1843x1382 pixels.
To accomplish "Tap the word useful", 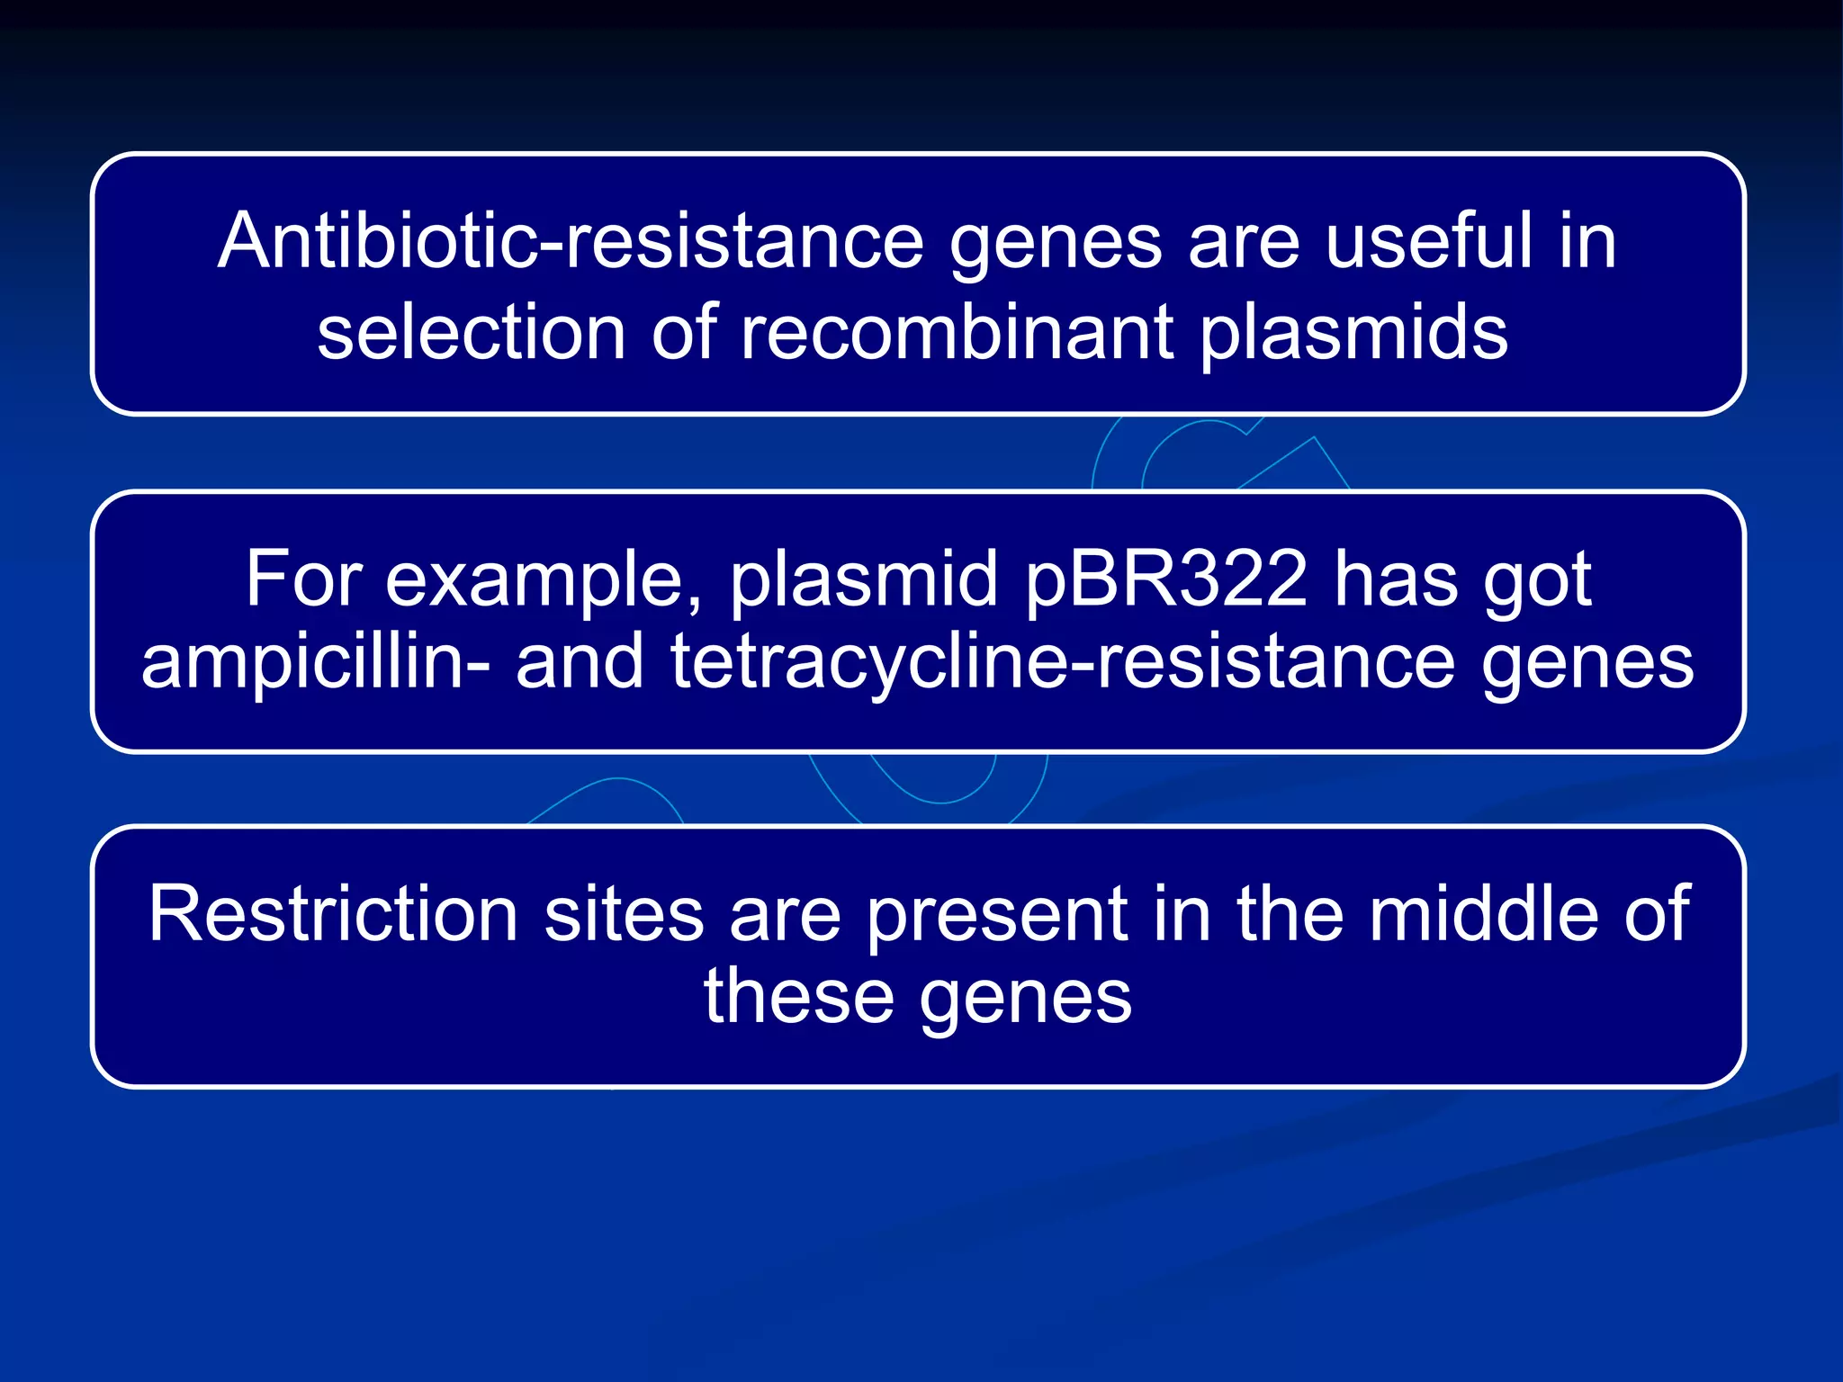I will pyautogui.click(x=1428, y=241).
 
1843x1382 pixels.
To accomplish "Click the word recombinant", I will pyautogui.click(x=957, y=333).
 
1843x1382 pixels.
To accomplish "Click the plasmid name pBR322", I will pyautogui.click(x=1166, y=580).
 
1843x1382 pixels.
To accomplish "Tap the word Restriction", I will pyautogui.click(x=333, y=914).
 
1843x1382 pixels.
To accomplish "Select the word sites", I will pyautogui.click(x=624, y=914).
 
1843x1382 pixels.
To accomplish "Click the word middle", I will pyautogui.click(x=1484, y=914).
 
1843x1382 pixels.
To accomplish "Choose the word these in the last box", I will pyautogui.click(x=798, y=996).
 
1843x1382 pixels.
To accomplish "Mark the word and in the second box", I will pyautogui.click(x=580, y=661).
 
